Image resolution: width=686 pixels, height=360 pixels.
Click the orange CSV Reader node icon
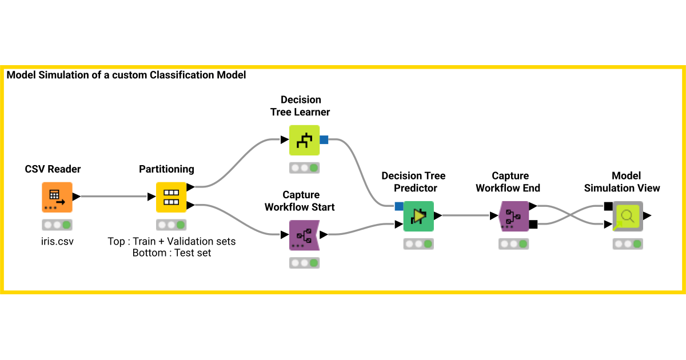57,197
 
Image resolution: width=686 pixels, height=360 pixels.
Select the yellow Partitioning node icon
171,197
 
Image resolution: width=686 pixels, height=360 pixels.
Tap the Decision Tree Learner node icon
304,140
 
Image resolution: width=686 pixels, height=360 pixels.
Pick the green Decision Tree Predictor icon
418,216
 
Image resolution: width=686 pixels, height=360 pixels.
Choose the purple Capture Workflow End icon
513,216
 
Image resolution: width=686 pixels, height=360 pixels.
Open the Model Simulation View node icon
628,216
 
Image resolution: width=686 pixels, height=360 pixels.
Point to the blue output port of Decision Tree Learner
324,139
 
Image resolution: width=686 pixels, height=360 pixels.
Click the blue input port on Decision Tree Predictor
399,206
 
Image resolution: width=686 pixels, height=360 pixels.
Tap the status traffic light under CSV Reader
57,225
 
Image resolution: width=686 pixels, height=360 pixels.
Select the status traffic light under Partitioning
171,225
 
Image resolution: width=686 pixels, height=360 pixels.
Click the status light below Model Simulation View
628,244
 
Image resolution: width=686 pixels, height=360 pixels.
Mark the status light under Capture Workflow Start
304,263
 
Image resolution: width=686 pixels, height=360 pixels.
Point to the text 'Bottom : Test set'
171,253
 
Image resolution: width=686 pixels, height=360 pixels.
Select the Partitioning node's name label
166,169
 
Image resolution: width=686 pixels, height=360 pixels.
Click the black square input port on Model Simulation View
608,206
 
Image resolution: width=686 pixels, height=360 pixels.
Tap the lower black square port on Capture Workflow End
533,225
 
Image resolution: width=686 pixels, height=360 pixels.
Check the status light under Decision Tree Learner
304,168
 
